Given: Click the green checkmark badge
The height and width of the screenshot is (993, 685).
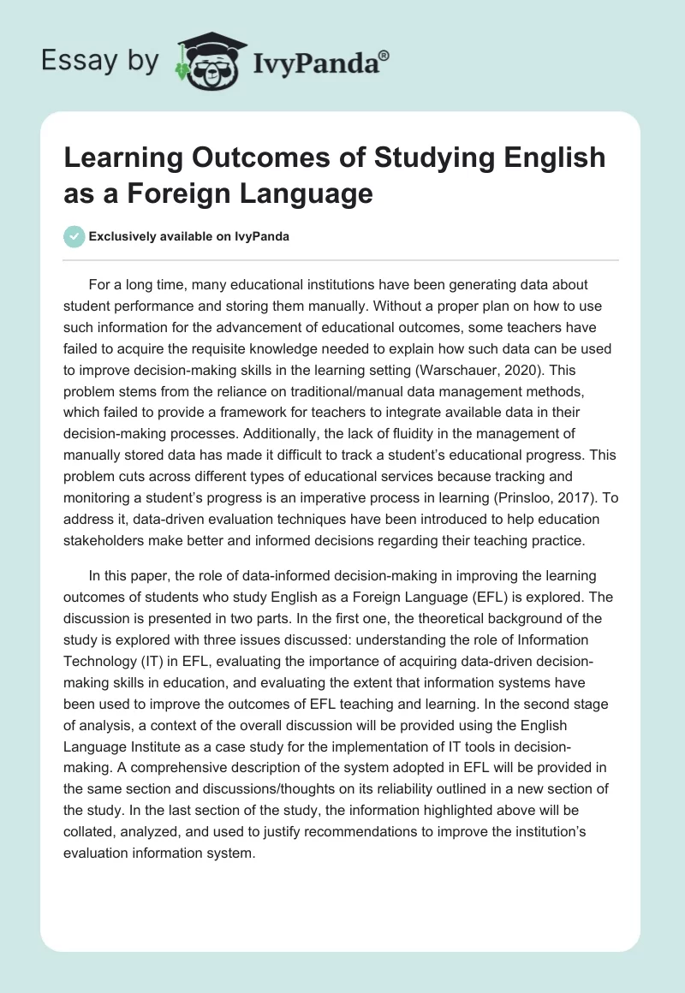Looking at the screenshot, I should pyautogui.click(x=74, y=236).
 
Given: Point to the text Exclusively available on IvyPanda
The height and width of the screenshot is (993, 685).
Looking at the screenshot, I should pyautogui.click(x=188, y=236).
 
